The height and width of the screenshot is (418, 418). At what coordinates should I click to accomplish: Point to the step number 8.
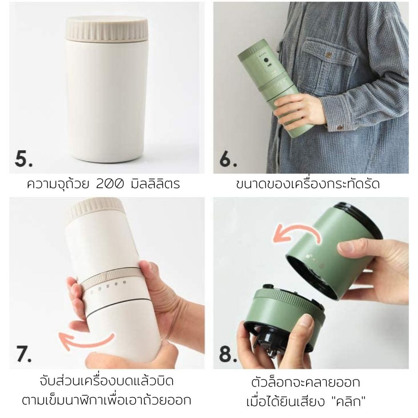click(x=228, y=354)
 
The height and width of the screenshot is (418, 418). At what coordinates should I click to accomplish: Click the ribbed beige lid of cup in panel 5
click(x=107, y=29)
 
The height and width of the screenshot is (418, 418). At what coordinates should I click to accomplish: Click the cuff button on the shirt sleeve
click(x=340, y=128)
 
